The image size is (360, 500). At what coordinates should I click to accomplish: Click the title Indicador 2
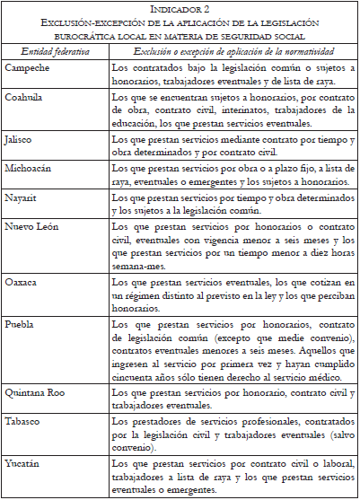tap(180, 9)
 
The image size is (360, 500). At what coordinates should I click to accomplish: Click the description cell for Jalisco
tap(232, 147)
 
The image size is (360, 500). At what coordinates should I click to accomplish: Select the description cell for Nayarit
tap(232, 204)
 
